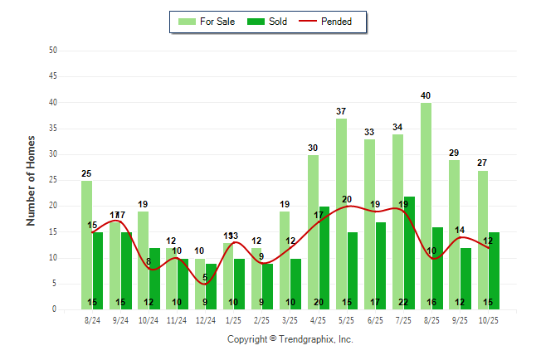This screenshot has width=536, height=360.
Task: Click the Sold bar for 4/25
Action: (x=324, y=257)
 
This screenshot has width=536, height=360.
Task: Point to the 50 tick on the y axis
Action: (x=53, y=51)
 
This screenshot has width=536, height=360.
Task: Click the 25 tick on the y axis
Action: (x=53, y=180)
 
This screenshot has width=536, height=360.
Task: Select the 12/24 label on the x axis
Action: (x=206, y=319)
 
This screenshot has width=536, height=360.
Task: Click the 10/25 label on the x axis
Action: (x=489, y=319)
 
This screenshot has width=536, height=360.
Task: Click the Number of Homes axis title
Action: (x=32, y=180)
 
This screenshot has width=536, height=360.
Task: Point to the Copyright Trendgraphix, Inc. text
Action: (x=290, y=339)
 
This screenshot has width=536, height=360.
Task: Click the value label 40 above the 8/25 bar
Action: (x=426, y=95)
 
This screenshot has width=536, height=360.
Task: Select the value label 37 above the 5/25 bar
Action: (x=341, y=111)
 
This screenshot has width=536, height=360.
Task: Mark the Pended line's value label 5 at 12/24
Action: (x=205, y=278)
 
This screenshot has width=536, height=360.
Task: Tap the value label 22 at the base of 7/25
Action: (x=403, y=303)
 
